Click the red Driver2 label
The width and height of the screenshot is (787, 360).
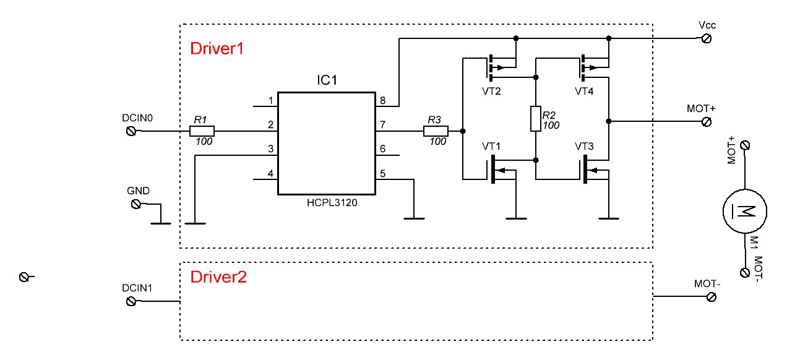point(218,277)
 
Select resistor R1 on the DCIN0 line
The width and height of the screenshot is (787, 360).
point(202,131)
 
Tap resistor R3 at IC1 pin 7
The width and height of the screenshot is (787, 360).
point(436,131)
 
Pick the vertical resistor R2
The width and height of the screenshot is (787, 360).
point(536,118)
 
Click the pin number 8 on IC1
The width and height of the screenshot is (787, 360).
point(383,100)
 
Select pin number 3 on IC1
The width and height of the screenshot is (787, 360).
point(270,149)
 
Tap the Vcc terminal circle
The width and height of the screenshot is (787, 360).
point(707,38)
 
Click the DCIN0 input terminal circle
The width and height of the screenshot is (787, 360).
point(131,131)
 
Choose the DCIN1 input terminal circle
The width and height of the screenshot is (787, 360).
point(131,301)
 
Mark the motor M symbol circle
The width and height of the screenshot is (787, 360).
point(744,211)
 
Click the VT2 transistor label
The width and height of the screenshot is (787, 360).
point(491,92)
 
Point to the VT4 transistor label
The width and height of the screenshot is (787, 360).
point(584,92)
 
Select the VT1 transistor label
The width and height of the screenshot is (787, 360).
point(491,147)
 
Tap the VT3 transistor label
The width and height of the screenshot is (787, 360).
point(584,147)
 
